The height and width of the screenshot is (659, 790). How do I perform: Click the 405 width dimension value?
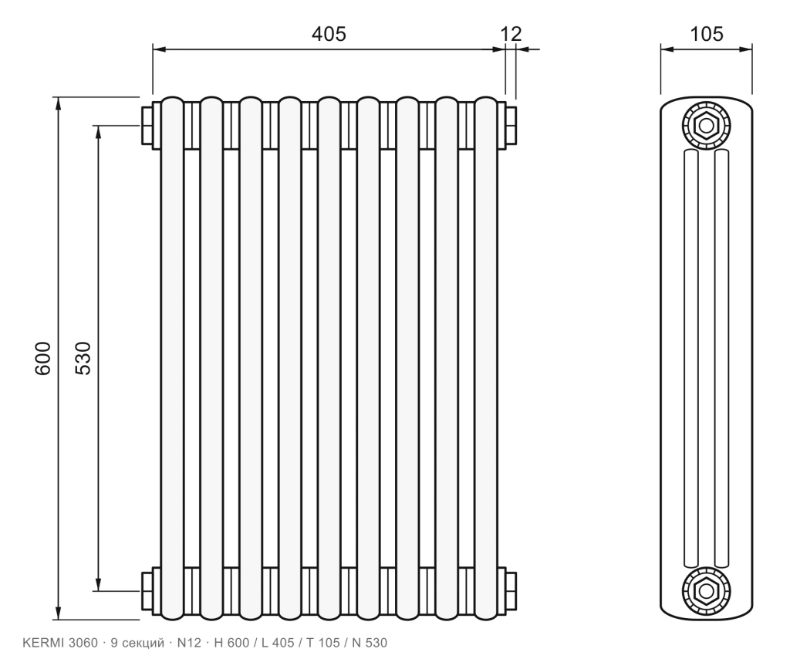(329, 34)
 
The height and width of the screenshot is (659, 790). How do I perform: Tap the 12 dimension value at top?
(511, 34)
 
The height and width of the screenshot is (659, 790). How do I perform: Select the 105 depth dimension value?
(707, 34)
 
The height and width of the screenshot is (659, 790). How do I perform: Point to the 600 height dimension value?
(43, 358)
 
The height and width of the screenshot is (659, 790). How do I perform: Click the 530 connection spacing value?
(83, 358)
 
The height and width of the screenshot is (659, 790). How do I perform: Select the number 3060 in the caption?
(83, 643)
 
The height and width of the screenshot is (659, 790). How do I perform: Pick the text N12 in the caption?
(189, 643)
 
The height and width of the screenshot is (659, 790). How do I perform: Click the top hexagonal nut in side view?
(706, 125)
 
